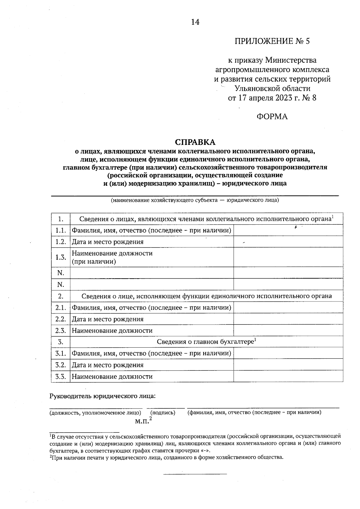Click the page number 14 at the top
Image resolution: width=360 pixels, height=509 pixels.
point(195,22)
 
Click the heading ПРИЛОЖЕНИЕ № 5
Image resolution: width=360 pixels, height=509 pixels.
point(272,41)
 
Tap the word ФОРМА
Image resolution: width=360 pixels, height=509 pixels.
point(272,117)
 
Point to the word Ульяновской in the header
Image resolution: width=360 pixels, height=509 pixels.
point(255,88)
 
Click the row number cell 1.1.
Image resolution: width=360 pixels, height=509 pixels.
point(61,230)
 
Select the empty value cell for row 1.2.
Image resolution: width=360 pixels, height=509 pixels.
point(288,242)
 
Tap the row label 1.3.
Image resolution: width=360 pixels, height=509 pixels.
point(61,257)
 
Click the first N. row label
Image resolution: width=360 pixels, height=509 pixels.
point(61,273)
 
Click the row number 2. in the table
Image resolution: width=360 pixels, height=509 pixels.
point(61,296)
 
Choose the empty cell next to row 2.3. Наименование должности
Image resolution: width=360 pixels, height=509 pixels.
point(288,331)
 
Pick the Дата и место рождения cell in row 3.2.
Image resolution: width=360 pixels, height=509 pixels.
point(107,365)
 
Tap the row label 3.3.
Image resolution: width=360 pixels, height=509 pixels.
point(61,376)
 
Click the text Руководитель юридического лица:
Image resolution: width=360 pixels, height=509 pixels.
point(103,396)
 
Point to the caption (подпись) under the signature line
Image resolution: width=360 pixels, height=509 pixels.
point(163,413)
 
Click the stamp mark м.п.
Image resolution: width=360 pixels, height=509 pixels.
point(142,421)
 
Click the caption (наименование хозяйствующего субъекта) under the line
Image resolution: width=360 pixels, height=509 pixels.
point(195,200)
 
